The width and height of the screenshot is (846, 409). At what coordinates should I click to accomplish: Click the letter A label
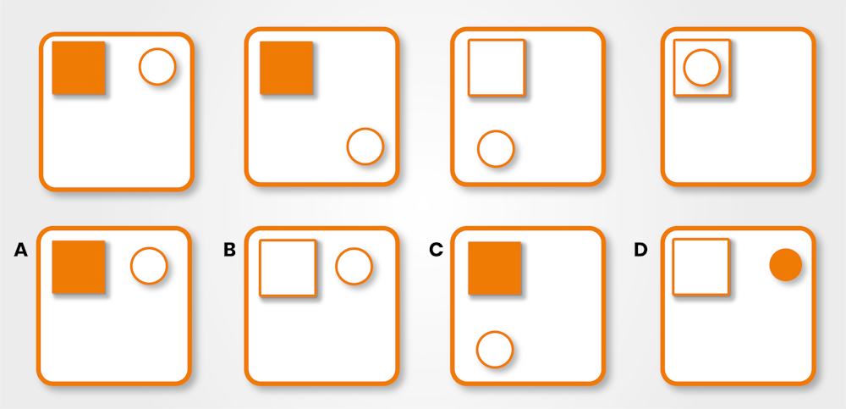(21, 250)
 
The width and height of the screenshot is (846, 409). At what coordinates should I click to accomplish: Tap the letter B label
(229, 250)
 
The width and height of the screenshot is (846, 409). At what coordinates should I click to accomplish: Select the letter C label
(437, 250)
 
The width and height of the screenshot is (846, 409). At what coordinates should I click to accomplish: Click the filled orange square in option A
(79, 267)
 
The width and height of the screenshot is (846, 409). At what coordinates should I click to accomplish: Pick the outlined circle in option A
(149, 266)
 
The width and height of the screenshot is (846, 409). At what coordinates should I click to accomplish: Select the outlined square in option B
(288, 268)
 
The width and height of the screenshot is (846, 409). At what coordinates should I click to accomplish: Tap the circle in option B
(354, 266)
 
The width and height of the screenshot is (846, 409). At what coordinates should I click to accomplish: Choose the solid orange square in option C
(494, 268)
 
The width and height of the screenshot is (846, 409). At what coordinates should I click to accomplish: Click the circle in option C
(495, 350)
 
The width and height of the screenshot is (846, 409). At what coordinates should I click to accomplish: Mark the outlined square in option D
(700, 267)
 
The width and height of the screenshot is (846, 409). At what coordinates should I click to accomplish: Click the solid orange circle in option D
(785, 265)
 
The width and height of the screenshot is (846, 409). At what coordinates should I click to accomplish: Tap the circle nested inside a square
(701, 67)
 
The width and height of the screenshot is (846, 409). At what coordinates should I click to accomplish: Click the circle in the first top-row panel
(157, 67)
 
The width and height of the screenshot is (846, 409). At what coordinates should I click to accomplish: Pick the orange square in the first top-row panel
(79, 68)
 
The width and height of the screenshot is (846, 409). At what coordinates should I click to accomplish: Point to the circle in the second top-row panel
(365, 146)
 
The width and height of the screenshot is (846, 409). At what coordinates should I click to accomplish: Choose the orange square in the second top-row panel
(286, 68)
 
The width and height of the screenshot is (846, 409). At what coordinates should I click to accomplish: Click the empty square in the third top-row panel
(497, 68)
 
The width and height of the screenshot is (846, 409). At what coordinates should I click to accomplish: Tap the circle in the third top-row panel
(496, 149)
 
